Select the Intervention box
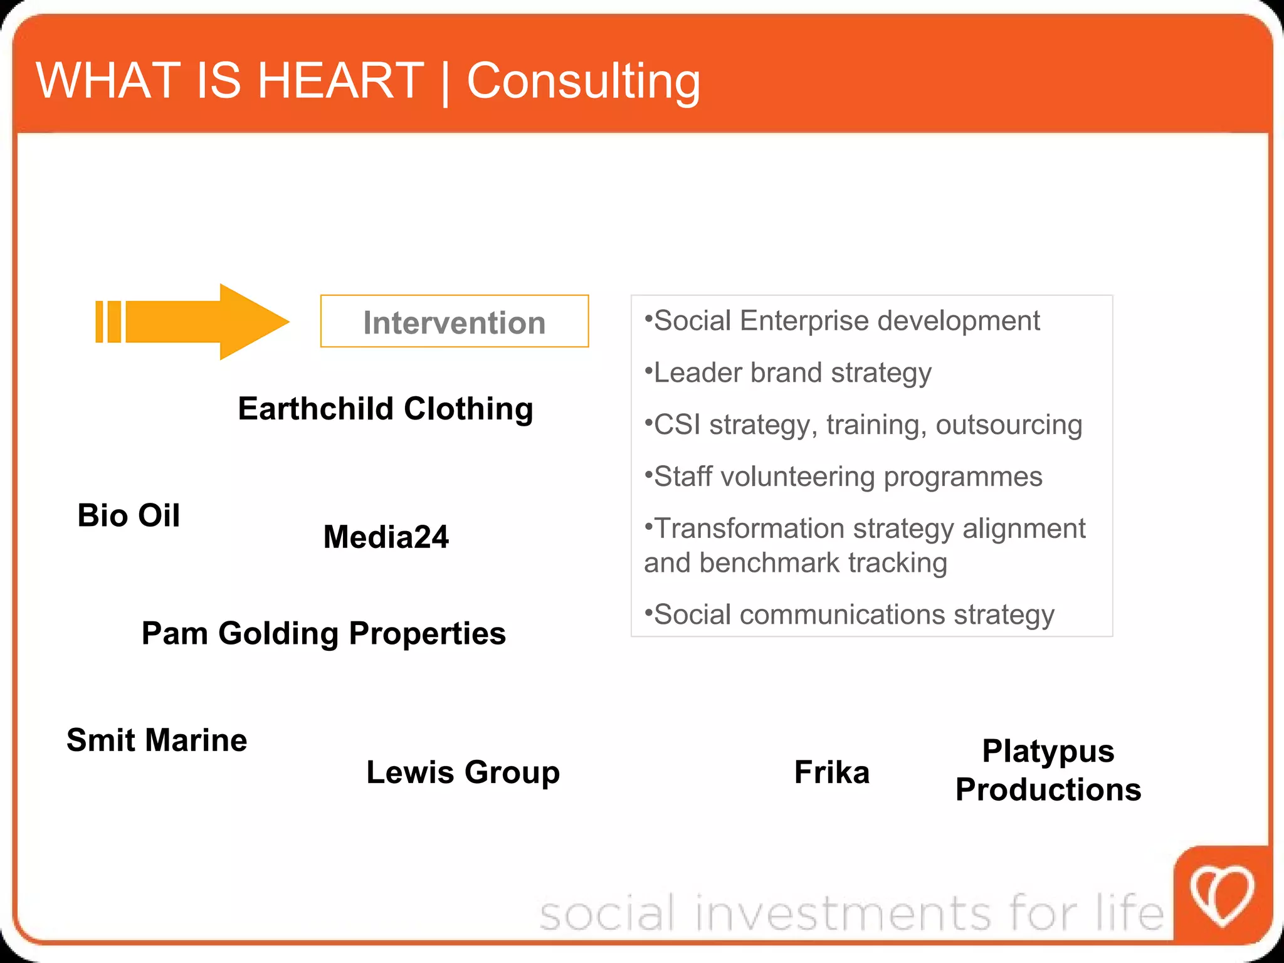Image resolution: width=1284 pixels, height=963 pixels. click(x=454, y=322)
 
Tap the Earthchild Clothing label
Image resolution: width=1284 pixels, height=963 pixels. click(x=385, y=409)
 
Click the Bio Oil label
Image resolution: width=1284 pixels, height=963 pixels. click(x=129, y=515)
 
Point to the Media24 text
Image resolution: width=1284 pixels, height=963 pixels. click(x=386, y=537)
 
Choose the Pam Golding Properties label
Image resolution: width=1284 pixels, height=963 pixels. click(x=324, y=633)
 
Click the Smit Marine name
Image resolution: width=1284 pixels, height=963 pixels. click(x=157, y=740)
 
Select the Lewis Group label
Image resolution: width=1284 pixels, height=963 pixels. click(x=463, y=772)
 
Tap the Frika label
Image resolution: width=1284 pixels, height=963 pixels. click(x=831, y=772)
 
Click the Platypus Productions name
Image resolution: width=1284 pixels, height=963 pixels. click(x=1048, y=770)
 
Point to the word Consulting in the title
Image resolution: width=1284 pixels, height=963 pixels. click(x=583, y=82)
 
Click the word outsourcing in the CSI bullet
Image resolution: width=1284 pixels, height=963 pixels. click(x=1009, y=425)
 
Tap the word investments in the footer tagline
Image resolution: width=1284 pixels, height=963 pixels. click(x=843, y=913)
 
